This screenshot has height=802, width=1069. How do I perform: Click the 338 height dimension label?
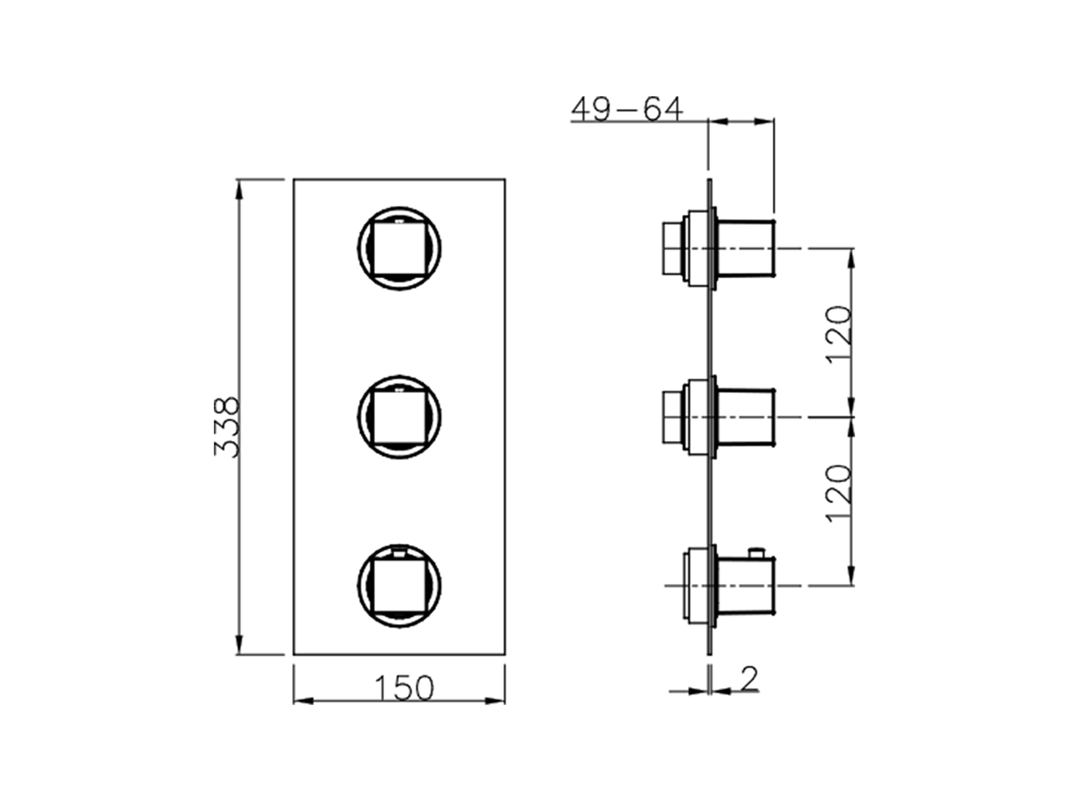click(x=226, y=427)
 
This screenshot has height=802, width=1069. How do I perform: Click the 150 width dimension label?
click(x=403, y=688)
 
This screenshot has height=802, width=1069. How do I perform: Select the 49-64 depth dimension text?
click(x=626, y=109)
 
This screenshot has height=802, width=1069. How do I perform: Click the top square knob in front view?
click(x=399, y=248)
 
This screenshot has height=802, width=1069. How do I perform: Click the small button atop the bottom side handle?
click(x=757, y=551)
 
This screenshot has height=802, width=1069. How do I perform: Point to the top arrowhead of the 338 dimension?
click(x=240, y=189)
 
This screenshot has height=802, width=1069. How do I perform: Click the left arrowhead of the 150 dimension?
click(x=302, y=699)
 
